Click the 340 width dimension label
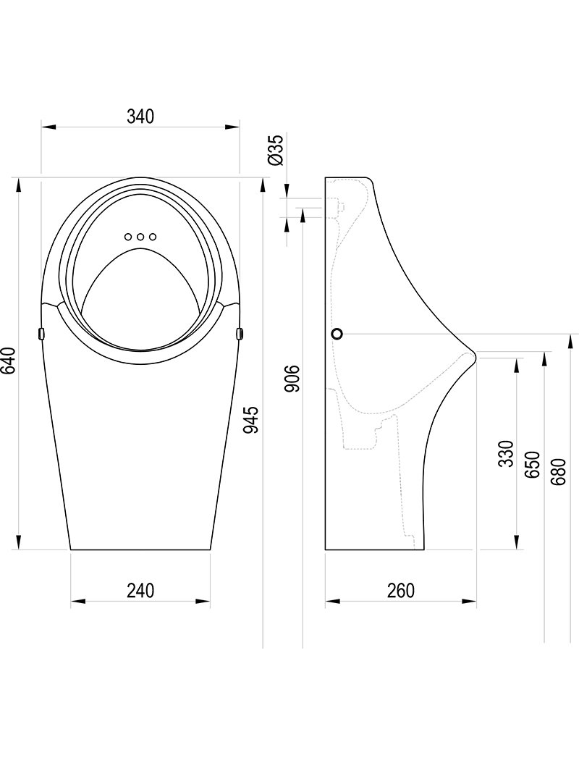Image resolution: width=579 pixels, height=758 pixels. tap(140, 117)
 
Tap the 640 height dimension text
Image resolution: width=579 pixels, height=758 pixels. tap(8, 361)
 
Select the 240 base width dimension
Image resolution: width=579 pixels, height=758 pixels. tap(140, 590)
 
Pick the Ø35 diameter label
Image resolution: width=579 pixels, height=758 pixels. tap(276, 151)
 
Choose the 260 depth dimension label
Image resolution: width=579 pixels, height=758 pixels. tap(401, 590)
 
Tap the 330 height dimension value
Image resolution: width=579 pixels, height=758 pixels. tap(505, 453)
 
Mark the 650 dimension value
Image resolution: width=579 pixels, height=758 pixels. tap(532, 465)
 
